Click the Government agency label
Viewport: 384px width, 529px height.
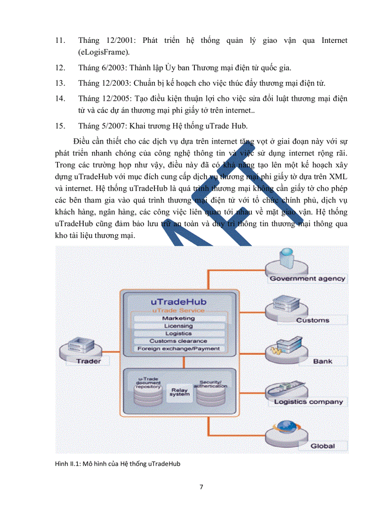coord(307,278)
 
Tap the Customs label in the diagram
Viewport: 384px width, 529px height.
coord(312,320)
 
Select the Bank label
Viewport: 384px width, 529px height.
coord(322,361)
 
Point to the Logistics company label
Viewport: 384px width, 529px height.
coord(308,402)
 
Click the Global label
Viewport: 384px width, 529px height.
coord(322,446)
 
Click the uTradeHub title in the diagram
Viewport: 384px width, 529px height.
coord(178,301)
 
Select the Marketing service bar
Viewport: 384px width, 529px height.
coord(178,318)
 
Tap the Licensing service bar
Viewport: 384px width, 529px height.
coord(178,326)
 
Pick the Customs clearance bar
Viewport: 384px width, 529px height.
coord(178,341)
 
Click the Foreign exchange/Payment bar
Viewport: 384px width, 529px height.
coord(178,349)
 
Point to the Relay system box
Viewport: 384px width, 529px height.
coord(180,392)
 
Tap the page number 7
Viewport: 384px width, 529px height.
coord(201,487)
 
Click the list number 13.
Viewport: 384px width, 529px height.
coord(59,83)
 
